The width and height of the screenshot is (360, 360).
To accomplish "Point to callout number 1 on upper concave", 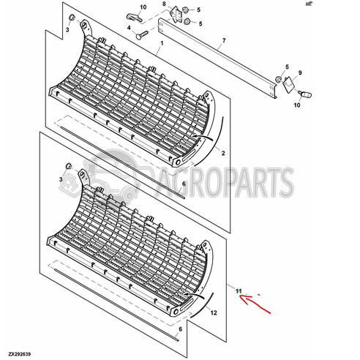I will coord(160,45).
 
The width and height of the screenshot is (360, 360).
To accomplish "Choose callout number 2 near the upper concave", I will coord(223,153).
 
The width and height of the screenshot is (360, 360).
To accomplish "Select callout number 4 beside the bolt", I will coord(130,29).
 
